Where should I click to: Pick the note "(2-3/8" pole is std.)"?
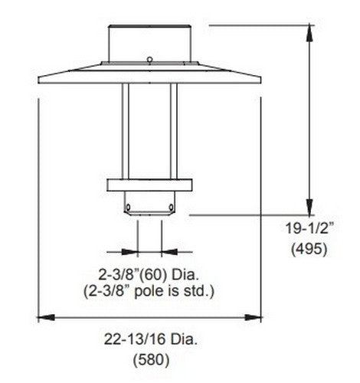click(151, 291)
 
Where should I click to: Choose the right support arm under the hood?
click(174, 130)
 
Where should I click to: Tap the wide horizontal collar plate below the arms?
click(150, 186)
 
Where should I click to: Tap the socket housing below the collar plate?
click(150, 204)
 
